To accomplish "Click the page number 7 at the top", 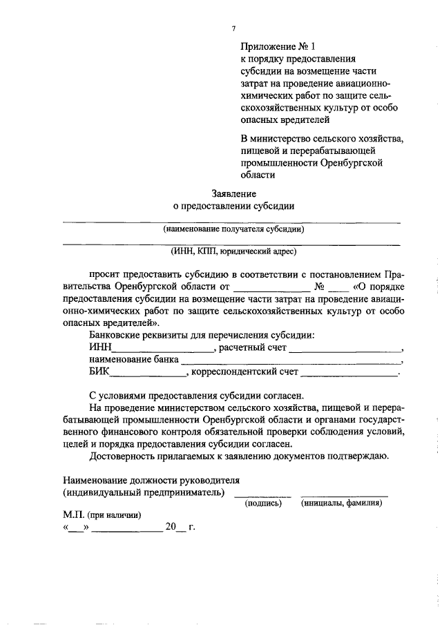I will (x=233, y=28).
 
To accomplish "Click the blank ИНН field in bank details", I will (x=164, y=349).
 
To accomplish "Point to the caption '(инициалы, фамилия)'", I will (x=342, y=503).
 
